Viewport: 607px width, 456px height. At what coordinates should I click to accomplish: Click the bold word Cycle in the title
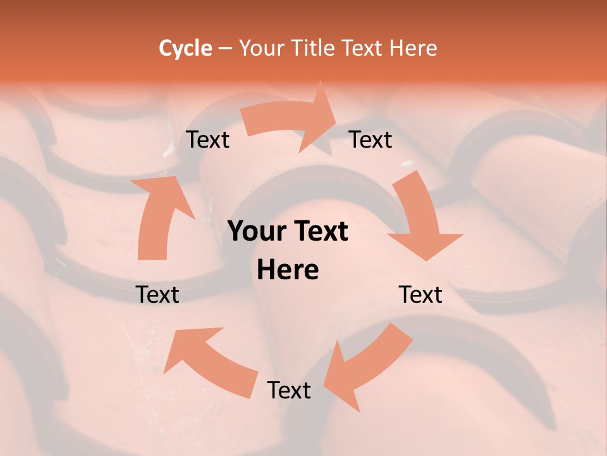[x=185, y=48]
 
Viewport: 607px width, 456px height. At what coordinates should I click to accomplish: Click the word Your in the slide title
[x=261, y=48]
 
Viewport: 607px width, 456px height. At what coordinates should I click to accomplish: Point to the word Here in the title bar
[x=414, y=48]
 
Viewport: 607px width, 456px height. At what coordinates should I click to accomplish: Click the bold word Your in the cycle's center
[x=258, y=232]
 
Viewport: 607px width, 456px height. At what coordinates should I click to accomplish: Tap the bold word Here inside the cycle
[x=288, y=270]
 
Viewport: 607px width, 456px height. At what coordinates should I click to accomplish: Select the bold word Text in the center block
[x=320, y=232]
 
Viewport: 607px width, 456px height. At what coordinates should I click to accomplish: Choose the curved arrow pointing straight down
[x=420, y=218]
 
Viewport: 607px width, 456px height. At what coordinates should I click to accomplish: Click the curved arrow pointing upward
[x=162, y=215]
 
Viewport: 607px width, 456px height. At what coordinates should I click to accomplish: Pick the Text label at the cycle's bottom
[x=289, y=390]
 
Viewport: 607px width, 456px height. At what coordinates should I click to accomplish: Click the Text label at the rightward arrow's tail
[x=208, y=140]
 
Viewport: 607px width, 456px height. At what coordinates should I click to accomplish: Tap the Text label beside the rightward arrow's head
[x=371, y=140]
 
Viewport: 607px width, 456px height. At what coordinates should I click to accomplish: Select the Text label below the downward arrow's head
[x=421, y=294]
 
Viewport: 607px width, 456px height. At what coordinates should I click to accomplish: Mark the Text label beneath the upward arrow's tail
[x=158, y=294]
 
